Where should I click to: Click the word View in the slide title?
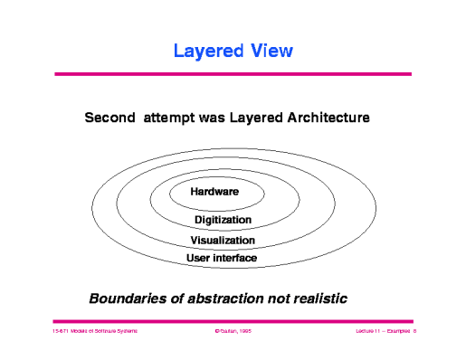click(x=273, y=51)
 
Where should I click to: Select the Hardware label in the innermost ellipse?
click(x=214, y=192)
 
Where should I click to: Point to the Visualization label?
click(x=223, y=240)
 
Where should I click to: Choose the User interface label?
click(x=222, y=259)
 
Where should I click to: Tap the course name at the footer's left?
click(x=94, y=334)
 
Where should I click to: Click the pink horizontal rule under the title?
click(x=233, y=73)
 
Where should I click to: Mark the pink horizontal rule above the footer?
click(x=233, y=320)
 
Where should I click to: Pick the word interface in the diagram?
click(x=236, y=259)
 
